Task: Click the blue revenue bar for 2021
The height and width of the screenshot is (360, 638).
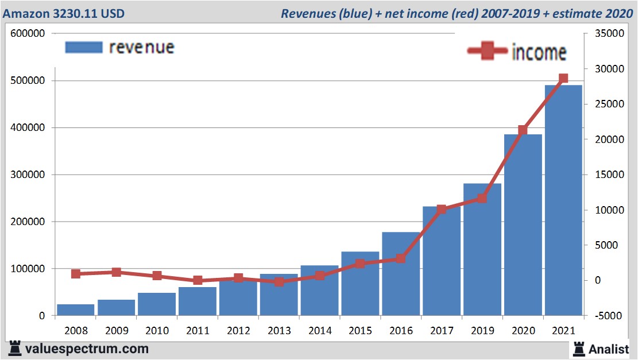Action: tap(563, 201)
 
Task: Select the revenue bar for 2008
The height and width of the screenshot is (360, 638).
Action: tap(75, 309)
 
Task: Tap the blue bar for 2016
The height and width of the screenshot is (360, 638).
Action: tap(401, 274)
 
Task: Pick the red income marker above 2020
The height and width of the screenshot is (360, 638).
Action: tap(523, 130)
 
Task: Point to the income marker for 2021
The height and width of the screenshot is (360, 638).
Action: tap(563, 79)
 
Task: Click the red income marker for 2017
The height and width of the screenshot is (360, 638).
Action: tap(441, 210)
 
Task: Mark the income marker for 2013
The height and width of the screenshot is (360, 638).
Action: tap(279, 282)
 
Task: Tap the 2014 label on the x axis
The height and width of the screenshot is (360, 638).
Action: tap(319, 331)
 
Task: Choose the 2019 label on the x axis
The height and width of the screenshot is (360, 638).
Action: tap(482, 331)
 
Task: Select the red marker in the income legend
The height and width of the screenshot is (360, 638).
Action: tap(488, 52)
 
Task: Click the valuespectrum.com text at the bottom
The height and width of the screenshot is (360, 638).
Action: tap(87, 349)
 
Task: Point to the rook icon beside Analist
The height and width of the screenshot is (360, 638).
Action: tap(579, 348)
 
